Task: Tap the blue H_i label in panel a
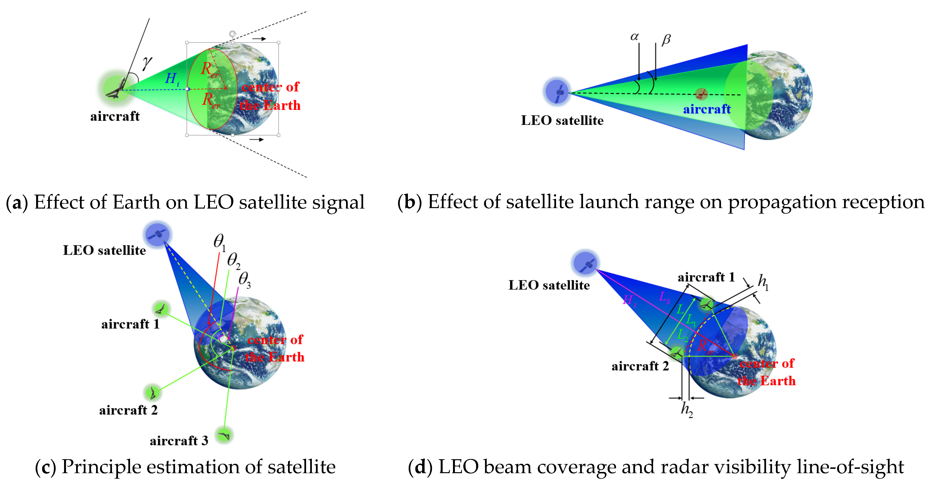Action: (x=172, y=79)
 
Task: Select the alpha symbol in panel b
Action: (x=634, y=37)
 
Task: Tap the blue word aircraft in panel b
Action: (x=707, y=109)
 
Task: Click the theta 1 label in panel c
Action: (x=219, y=242)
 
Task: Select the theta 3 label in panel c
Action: (x=245, y=280)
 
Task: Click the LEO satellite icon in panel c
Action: (x=157, y=234)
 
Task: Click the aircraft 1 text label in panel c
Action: (x=130, y=324)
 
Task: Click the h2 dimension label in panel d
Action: (x=687, y=410)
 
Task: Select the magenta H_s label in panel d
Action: (x=629, y=300)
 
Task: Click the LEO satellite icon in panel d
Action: (x=585, y=263)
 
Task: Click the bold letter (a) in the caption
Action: (x=17, y=202)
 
